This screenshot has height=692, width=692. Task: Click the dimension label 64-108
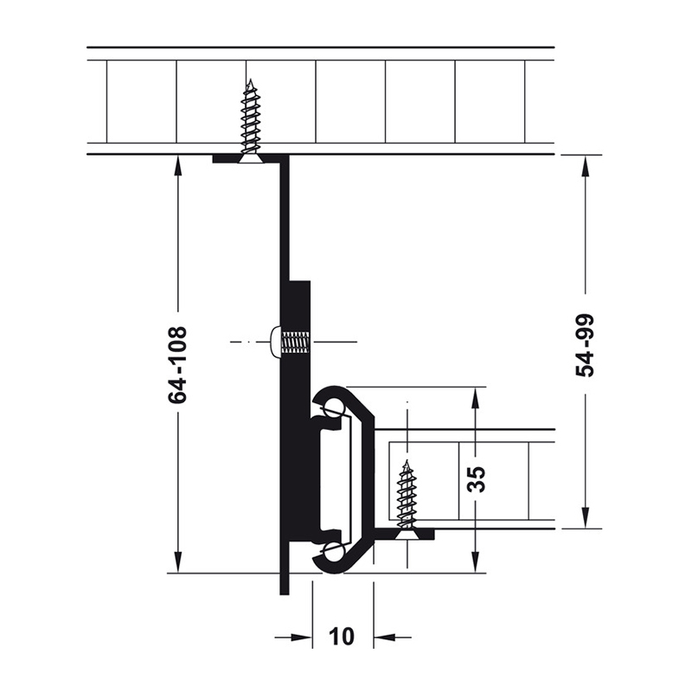(x=178, y=364)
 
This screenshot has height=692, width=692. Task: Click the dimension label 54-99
(x=586, y=345)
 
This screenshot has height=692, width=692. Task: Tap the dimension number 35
(x=477, y=479)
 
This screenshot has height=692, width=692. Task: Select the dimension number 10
(x=342, y=637)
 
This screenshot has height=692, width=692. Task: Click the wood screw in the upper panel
(x=251, y=121)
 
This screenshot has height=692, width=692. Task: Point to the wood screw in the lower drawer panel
(x=407, y=499)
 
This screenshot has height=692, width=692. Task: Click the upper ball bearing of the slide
(x=333, y=407)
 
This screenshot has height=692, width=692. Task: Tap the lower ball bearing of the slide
(x=333, y=552)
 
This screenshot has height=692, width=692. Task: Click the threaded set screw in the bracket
(x=295, y=342)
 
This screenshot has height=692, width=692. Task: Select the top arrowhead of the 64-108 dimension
(x=178, y=167)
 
